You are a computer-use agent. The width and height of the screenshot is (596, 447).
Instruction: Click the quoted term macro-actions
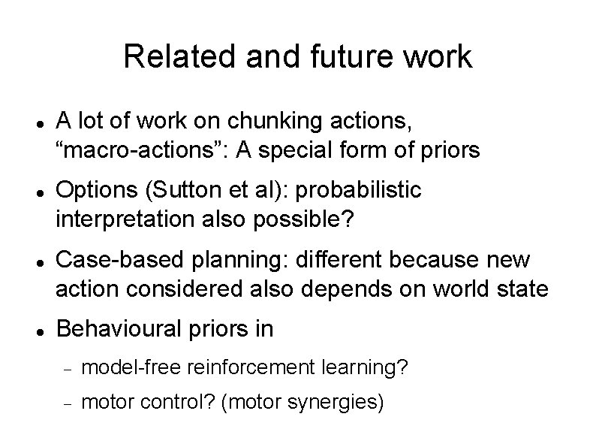[143, 150]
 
